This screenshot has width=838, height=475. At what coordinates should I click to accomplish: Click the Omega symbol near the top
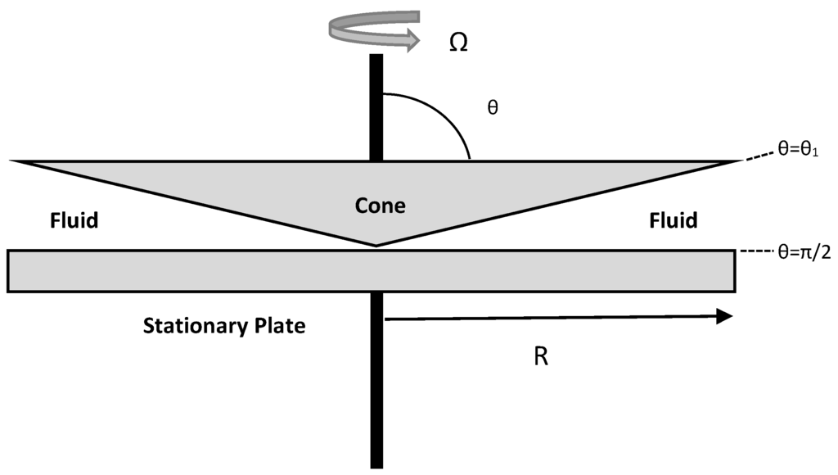point(458,42)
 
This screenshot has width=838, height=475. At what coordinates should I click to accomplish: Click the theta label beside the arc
point(493,107)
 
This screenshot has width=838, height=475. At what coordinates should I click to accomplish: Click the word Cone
point(380,206)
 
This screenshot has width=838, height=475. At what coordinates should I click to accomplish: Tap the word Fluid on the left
point(74,220)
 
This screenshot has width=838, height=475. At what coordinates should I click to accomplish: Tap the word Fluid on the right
point(673,220)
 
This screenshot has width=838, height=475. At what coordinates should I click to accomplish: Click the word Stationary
point(193,326)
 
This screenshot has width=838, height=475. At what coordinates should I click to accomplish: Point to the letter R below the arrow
point(540,358)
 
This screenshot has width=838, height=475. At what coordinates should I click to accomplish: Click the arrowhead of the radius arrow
point(723,317)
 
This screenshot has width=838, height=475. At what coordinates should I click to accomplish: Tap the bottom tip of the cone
point(376,244)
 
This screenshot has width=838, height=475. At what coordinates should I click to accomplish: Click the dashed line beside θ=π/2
point(755,252)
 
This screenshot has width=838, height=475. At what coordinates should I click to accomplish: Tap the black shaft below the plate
point(376,385)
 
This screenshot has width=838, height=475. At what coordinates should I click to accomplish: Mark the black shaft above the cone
point(376,106)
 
